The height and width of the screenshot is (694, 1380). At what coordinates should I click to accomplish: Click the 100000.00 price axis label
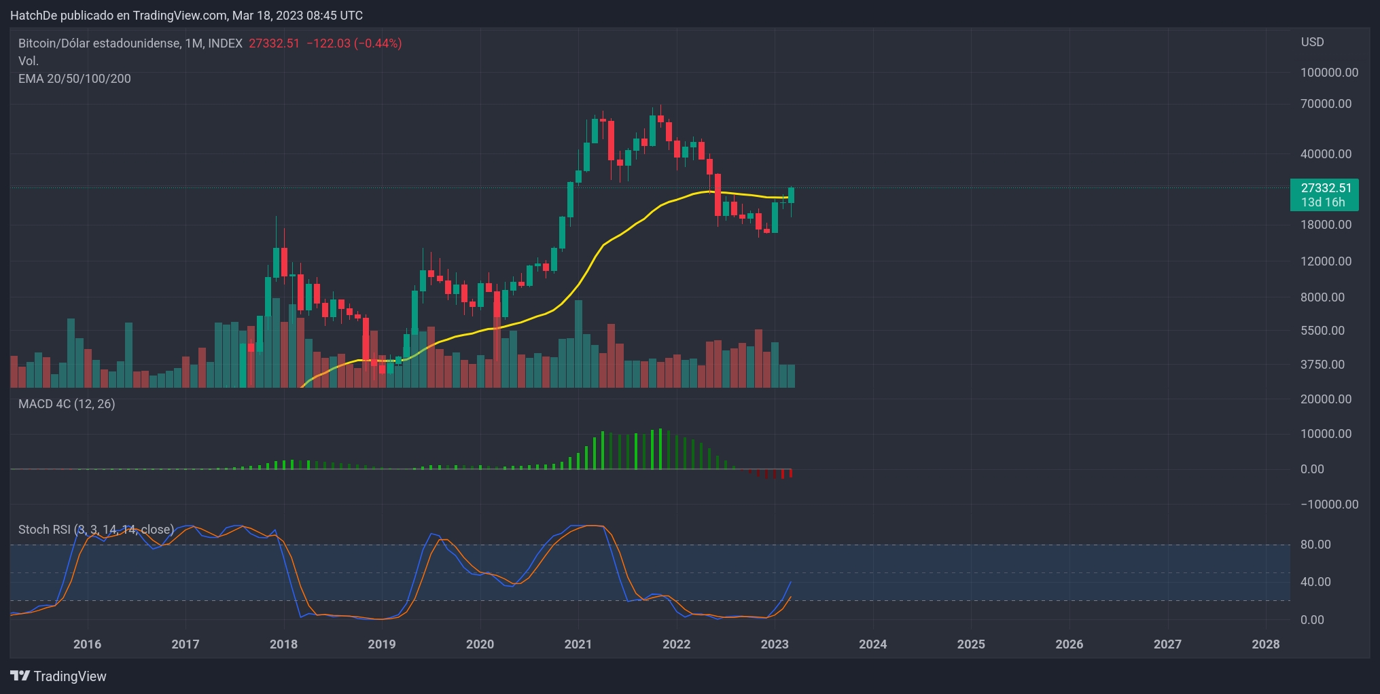coord(1329,73)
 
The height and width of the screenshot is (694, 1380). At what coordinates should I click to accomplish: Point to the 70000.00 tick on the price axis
coord(1326,104)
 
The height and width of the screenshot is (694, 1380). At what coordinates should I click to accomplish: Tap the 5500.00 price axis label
coord(1322,331)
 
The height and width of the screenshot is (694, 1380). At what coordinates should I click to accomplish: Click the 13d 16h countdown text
coord(1322,202)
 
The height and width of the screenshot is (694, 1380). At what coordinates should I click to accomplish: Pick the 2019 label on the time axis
coord(381,644)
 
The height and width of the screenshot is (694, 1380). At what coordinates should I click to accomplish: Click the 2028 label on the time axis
coord(1265,644)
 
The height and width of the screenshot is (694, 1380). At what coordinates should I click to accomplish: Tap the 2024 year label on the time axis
coord(872,644)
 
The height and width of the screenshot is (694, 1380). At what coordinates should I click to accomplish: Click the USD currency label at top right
coord(1312,42)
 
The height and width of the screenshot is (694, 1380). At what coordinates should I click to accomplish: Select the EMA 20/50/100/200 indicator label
coord(75,79)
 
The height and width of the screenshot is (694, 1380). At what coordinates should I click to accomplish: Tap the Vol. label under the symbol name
coord(29,61)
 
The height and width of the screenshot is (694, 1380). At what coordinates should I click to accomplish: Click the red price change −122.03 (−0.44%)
coord(354,43)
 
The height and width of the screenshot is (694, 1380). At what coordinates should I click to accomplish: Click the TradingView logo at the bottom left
coord(58,676)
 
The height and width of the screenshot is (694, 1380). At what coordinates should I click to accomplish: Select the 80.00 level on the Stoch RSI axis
coord(1315,545)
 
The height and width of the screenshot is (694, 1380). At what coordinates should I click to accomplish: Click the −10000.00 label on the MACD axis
coord(1329,505)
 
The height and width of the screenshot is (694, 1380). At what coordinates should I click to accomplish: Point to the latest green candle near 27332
coord(791,195)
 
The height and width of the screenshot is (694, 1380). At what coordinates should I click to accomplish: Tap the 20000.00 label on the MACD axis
coord(1326,399)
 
